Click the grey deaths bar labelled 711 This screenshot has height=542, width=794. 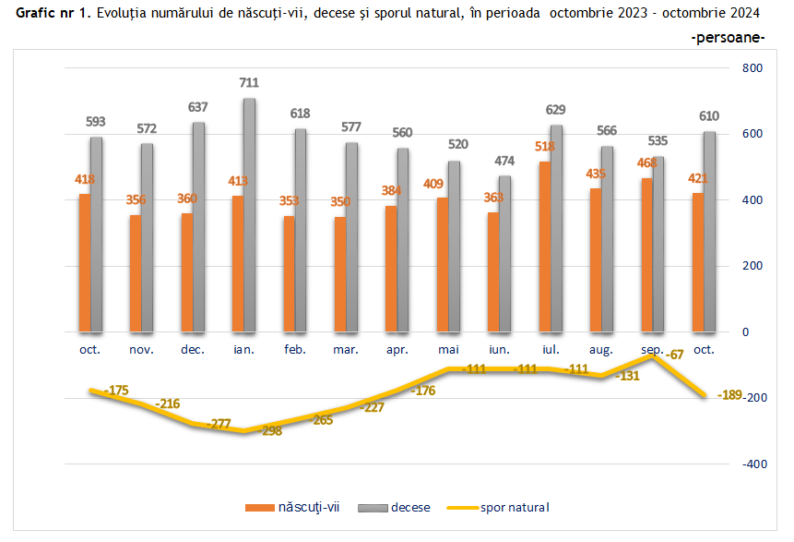click(249, 214)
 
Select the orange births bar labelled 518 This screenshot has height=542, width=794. click(545, 247)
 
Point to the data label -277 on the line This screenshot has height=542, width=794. click(219, 424)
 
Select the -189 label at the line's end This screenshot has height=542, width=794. click(730, 397)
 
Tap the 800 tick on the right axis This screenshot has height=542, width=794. click(753, 68)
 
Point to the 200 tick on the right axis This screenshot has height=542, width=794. click(753, 266)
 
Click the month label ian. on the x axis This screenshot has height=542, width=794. click(243, 350)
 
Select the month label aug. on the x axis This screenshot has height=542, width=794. click(601, 350)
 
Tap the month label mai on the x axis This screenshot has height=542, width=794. click(448, 350)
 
